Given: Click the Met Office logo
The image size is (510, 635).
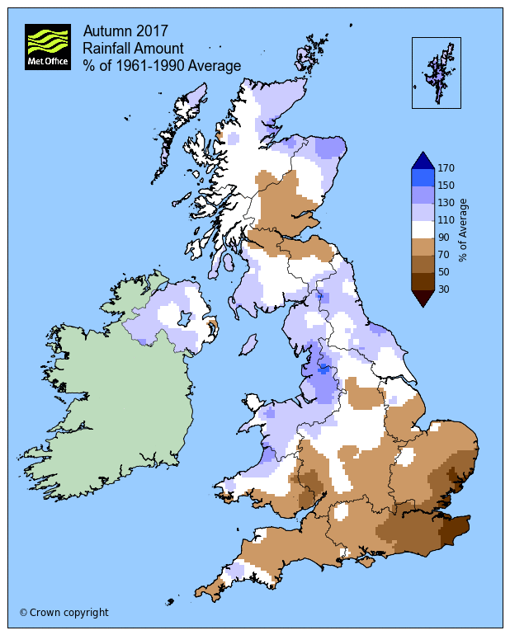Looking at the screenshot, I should pos(47,48).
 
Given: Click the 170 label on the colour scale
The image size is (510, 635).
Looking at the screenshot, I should pos(446,168).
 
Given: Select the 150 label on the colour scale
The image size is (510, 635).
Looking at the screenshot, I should pos(446,186).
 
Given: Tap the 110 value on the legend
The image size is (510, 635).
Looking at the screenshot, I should pos(446,220).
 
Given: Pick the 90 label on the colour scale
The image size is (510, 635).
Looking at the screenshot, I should pos(444,238).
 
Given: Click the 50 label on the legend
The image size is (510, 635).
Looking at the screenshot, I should pos(444,272).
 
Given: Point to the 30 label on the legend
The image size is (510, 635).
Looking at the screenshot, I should pos(444,289).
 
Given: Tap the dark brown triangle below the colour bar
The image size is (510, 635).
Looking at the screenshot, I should pos(422,298).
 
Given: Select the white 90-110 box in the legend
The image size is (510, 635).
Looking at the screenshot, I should pos(422,228).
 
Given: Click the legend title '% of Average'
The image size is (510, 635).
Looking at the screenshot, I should pos(464,228).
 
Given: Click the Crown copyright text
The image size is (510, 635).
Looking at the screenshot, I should pos(64,612).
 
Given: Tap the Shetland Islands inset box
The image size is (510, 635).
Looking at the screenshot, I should pos(436,73).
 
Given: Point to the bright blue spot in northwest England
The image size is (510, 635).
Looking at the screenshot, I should pos(324,369).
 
